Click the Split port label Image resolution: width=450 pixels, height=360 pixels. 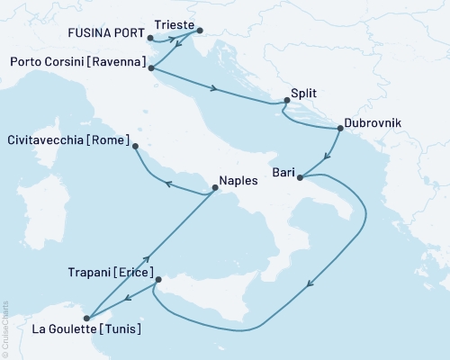coord(305,92)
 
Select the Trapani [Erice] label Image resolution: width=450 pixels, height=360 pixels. coord(109,271)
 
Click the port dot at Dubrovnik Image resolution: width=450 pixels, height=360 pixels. coord(339,129)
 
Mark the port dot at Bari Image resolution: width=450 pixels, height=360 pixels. coord(300,176)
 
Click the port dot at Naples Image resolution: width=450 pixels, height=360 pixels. coord(214,188)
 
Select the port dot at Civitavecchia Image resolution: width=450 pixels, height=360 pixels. coord(135,146)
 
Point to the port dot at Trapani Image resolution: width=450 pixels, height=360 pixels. coord(158,280)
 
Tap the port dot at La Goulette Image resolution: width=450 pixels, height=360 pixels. coord(87,316)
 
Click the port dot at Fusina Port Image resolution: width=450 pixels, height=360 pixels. coord(149,40)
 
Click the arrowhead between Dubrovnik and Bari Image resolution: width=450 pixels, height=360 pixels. coord(325,154)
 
